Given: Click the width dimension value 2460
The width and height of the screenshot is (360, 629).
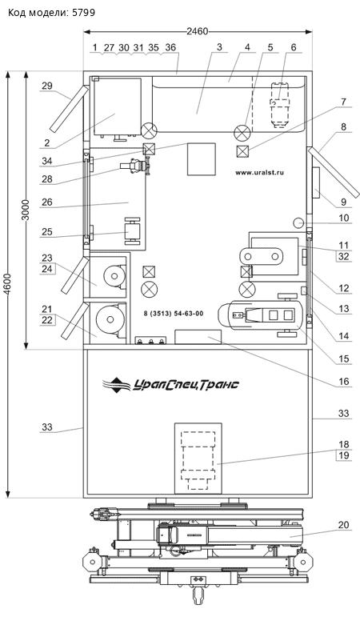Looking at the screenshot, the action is [198, 31].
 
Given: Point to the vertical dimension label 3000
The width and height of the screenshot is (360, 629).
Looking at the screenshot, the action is [26, 210].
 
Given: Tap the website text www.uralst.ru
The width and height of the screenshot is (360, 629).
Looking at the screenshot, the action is [259, 173].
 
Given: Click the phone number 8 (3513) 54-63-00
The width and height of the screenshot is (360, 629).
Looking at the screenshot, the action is [173, 313].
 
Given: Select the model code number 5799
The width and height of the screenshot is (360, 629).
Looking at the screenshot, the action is [84, 13].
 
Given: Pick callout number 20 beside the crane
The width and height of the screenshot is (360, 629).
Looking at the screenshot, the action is [343, 525].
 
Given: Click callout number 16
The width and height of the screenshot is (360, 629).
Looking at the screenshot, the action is [343, 382].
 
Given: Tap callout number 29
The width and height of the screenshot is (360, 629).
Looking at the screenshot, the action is [47, 86].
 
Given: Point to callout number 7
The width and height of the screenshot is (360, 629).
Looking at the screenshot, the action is [343, 102].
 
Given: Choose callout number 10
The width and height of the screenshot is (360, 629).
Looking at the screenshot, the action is [343, 218].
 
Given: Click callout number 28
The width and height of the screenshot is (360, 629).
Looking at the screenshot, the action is [47, 179].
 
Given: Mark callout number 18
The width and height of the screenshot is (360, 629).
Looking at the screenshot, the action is [343, 444].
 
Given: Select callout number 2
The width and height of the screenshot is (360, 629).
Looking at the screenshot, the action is [47, 142].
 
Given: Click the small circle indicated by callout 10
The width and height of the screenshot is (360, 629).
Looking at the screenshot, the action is [299, 222].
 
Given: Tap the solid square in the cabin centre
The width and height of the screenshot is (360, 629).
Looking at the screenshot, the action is [202, 159].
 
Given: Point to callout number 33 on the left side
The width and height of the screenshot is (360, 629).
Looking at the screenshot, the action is [47, 427].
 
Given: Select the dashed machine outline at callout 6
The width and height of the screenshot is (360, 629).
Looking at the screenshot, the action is [280, 105].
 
